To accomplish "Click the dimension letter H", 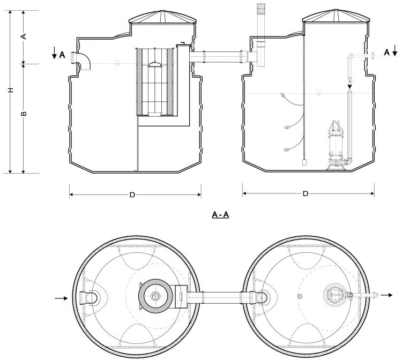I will click(10, 92).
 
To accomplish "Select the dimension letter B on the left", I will click(24, 114).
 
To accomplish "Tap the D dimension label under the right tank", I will click(305, 194).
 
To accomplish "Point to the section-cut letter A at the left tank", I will click(62, 55).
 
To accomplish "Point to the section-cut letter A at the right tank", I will click(386, 52).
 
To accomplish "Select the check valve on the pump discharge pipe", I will click(350, 85).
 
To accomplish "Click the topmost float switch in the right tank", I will click(282, 96).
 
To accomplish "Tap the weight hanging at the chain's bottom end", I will click(304, 161).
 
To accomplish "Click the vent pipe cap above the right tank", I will click(262, 10).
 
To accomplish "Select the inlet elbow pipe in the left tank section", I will click(83, 61).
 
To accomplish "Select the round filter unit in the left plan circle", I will click(155, 296).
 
